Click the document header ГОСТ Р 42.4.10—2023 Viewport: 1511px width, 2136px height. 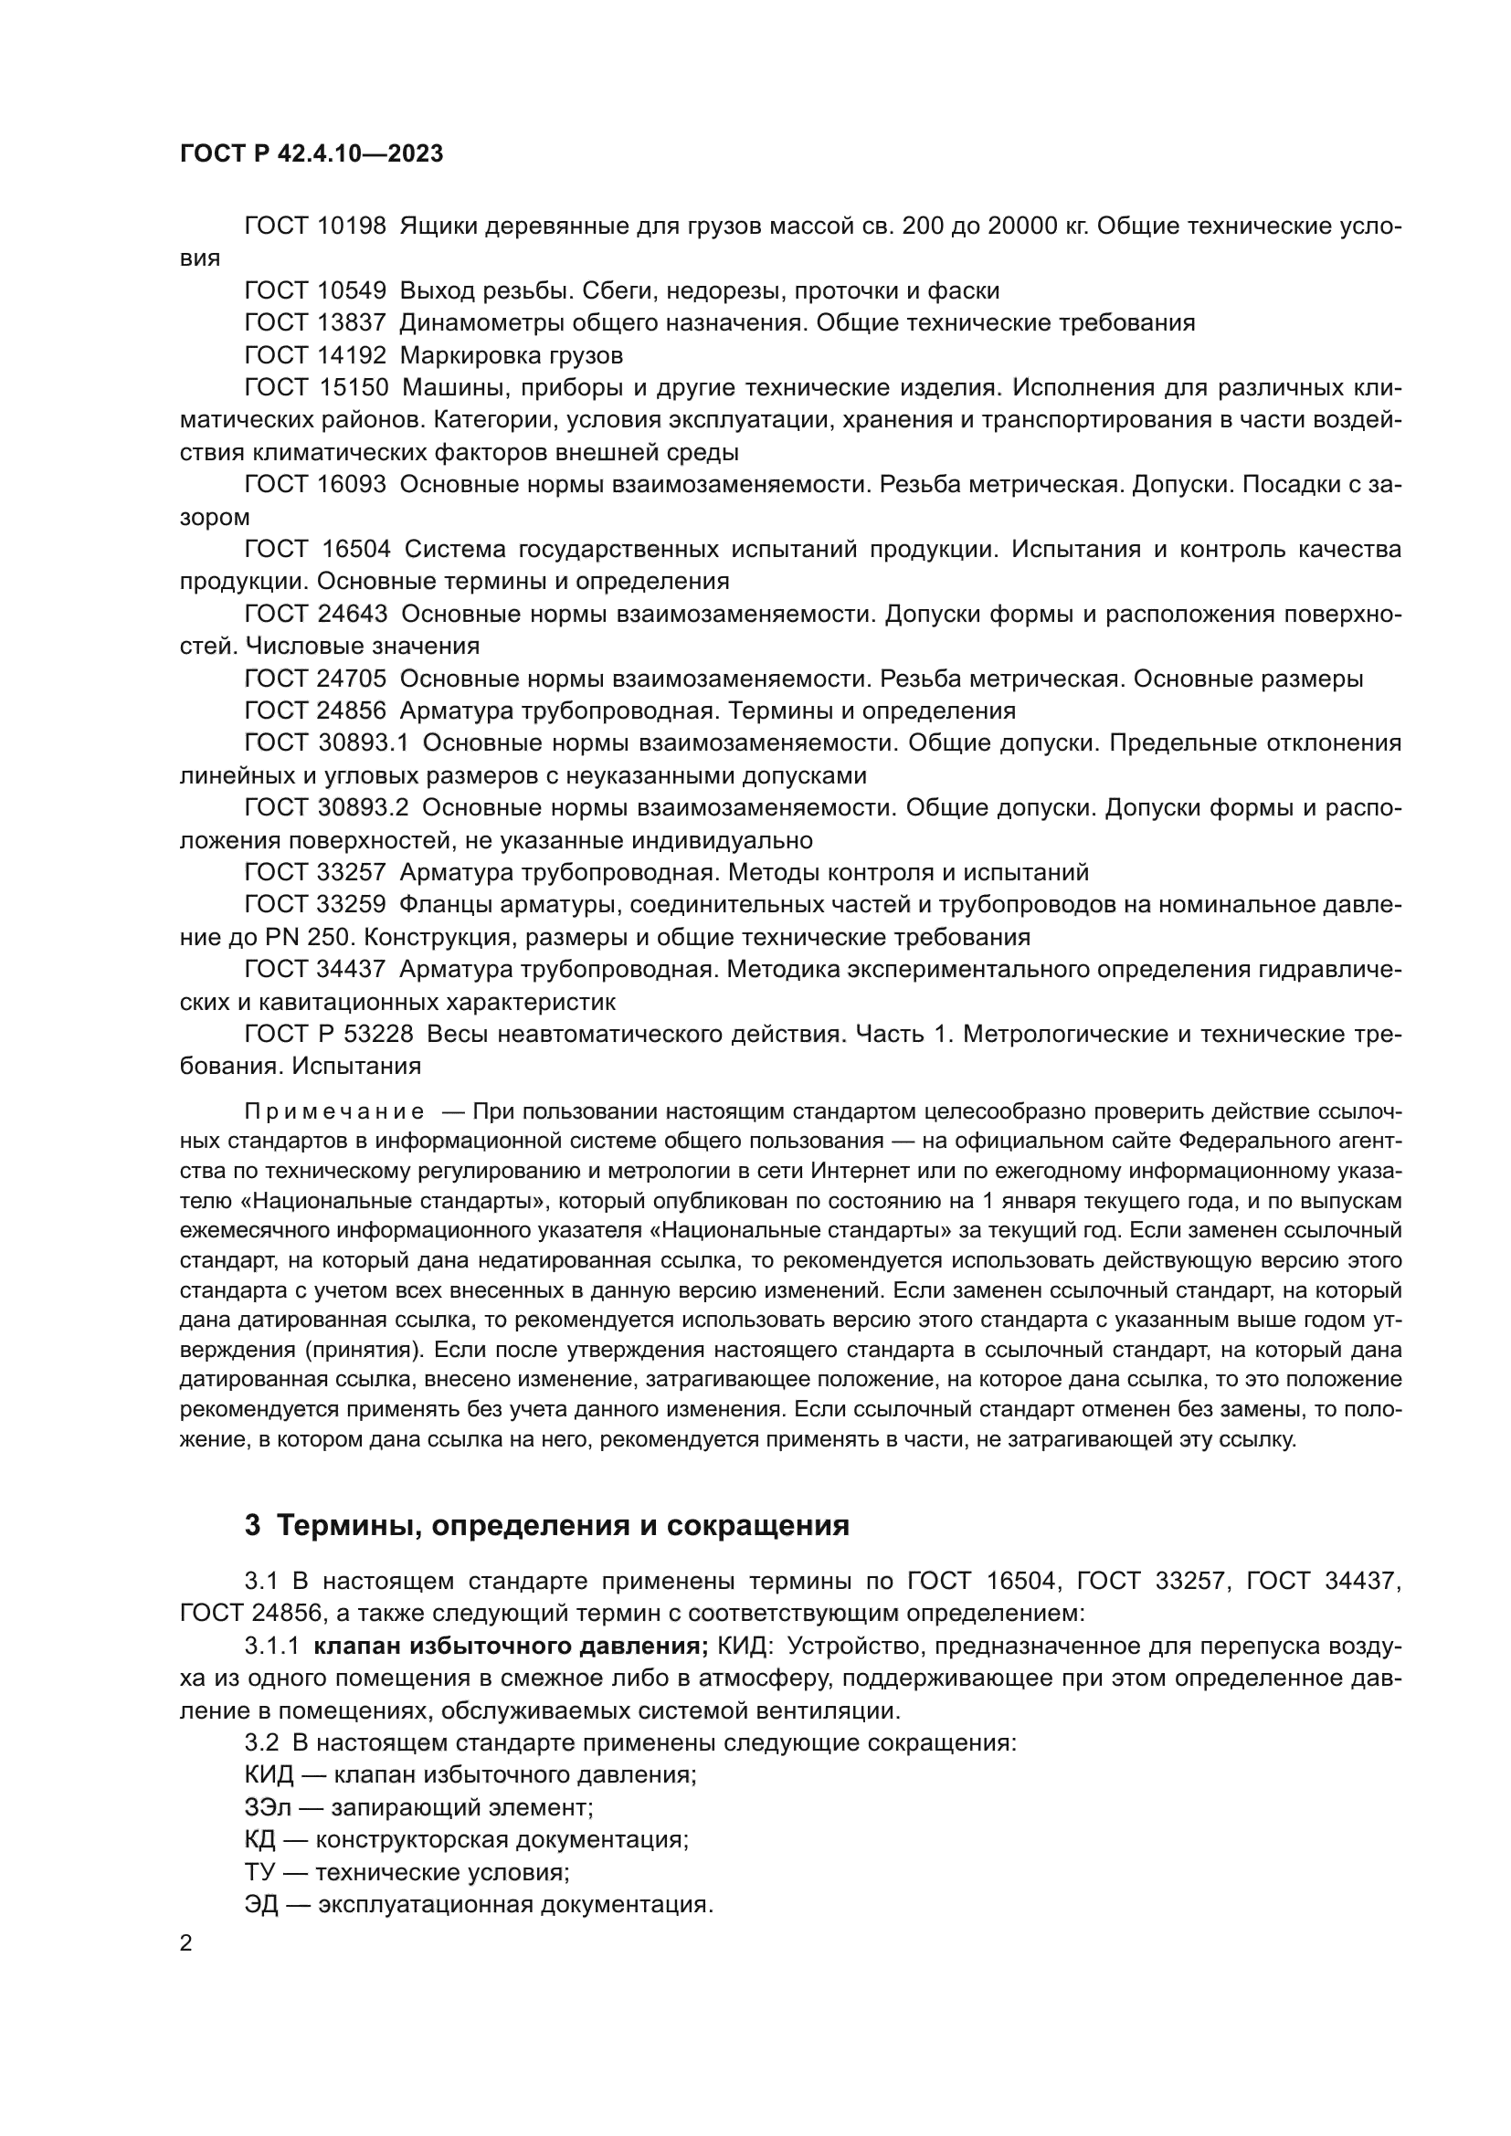click(x=311, y=154)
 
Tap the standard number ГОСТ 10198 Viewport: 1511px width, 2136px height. click(x=314, y=226)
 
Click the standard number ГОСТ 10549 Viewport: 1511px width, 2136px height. click(x=314, y=291)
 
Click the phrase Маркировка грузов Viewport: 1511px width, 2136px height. click(x=512, y=355)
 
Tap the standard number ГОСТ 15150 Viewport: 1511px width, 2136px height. click(x=314, y=388)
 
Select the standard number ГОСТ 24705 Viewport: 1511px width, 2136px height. click(x=314, y=679)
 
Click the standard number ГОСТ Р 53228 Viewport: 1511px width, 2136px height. click(x=329, y=1035)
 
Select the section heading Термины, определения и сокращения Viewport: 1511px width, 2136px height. click(x=563, y=1526)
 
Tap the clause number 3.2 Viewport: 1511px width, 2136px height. click(x=261, y=1742)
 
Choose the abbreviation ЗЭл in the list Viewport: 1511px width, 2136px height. click(x=268, y=1807)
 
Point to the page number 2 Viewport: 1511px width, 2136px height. click(x=186, y=1943)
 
